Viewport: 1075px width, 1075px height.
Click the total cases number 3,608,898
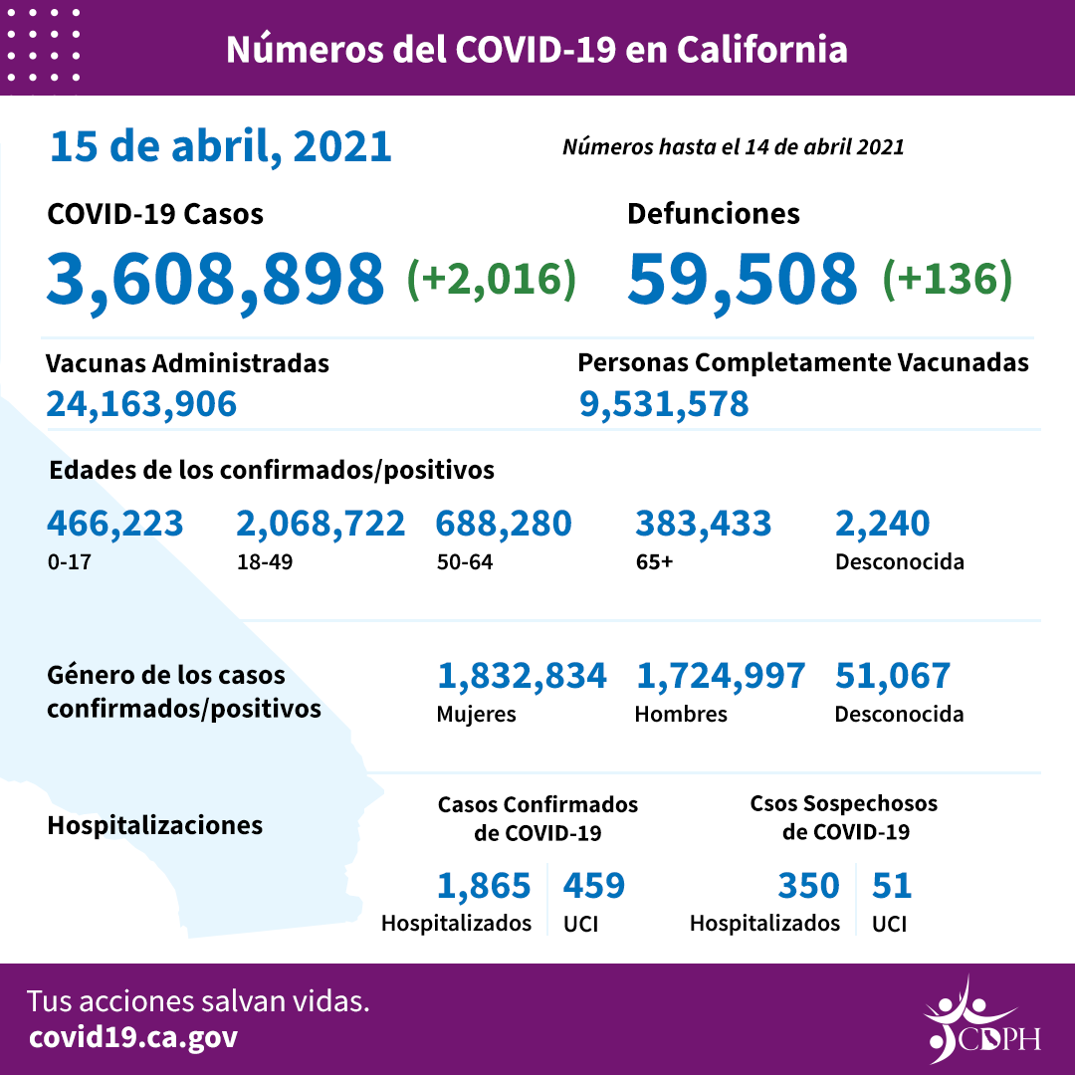click(x=215, y=279)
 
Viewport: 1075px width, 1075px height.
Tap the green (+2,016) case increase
click(x=492, y=279)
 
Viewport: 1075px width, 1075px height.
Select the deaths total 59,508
click(x=742, y=279)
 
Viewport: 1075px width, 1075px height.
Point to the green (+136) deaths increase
click(x=947, y=279)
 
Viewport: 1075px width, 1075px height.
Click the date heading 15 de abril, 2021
click(x=220, y=146)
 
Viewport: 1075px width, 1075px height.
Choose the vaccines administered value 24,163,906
click(x=141, y=403)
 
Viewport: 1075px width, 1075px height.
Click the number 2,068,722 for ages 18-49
click(x=321, y=523)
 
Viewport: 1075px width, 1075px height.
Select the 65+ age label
click(x=654, y=561)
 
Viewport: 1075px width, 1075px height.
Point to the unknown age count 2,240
click(x=882, y=523)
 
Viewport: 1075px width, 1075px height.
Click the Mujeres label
click(x=476, y=714)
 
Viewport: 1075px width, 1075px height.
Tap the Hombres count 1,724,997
click(x=720, y=676)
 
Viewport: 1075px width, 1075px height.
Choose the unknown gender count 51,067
click(x=892, y=676)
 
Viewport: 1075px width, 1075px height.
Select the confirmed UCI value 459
click(x=593, y=885)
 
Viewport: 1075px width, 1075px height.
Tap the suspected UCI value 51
click(x=891, y=885)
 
